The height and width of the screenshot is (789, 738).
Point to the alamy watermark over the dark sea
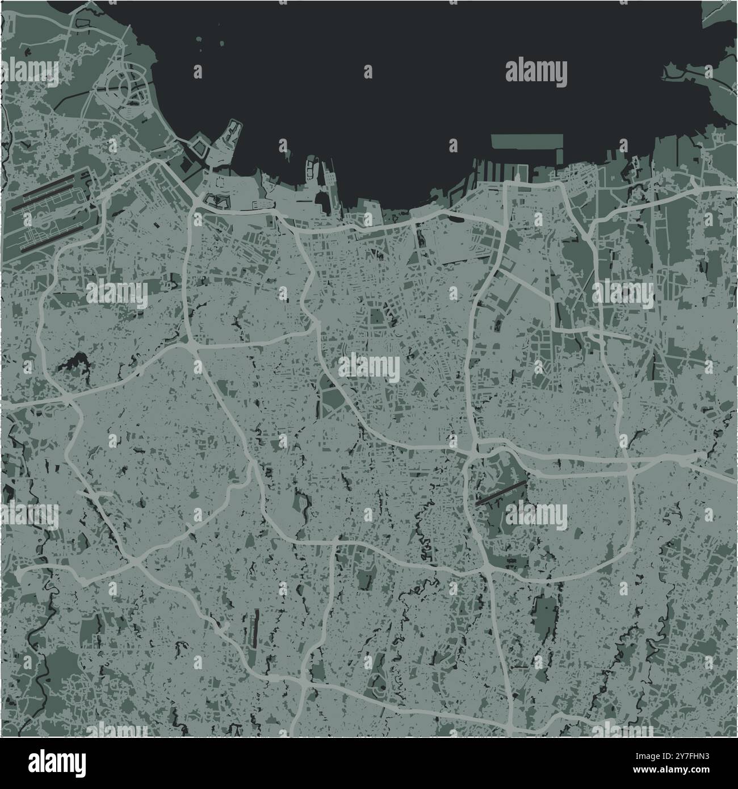click(536, 73)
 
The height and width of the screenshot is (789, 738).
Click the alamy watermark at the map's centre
click(369, 368)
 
